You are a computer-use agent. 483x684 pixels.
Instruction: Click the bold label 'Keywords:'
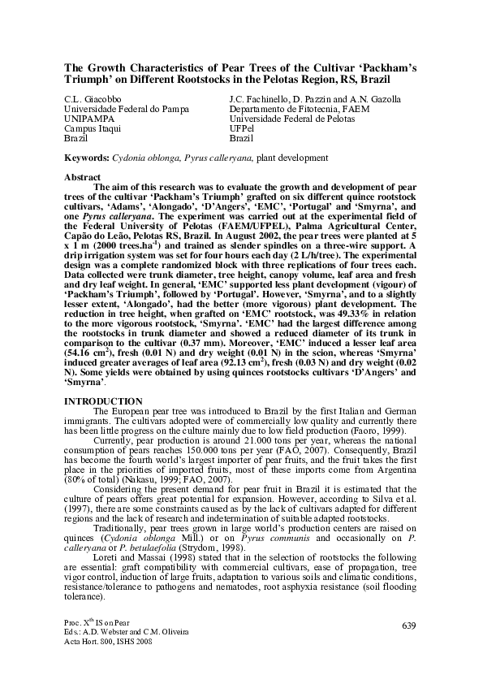pyautogui.click(x=87, y=160)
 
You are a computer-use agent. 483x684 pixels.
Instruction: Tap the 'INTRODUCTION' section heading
pyautogui.click(x=102, y=401)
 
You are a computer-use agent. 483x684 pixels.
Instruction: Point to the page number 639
pyautogui.click(x=408, y=624)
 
